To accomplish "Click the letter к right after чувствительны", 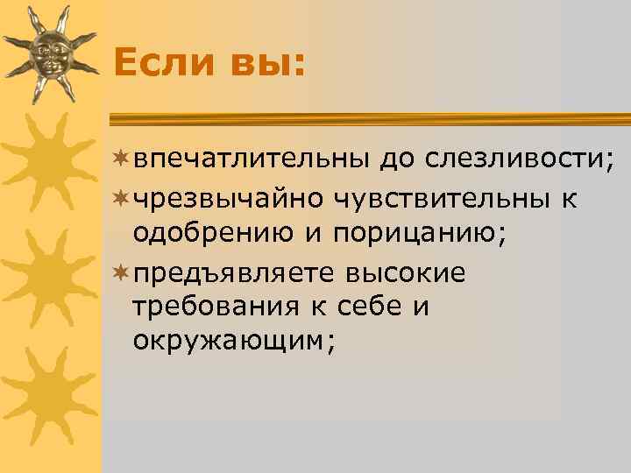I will (x=570, y=200).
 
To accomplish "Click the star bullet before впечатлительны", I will (x=121, y=159).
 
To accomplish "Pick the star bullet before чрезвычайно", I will (x=121, y=199).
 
